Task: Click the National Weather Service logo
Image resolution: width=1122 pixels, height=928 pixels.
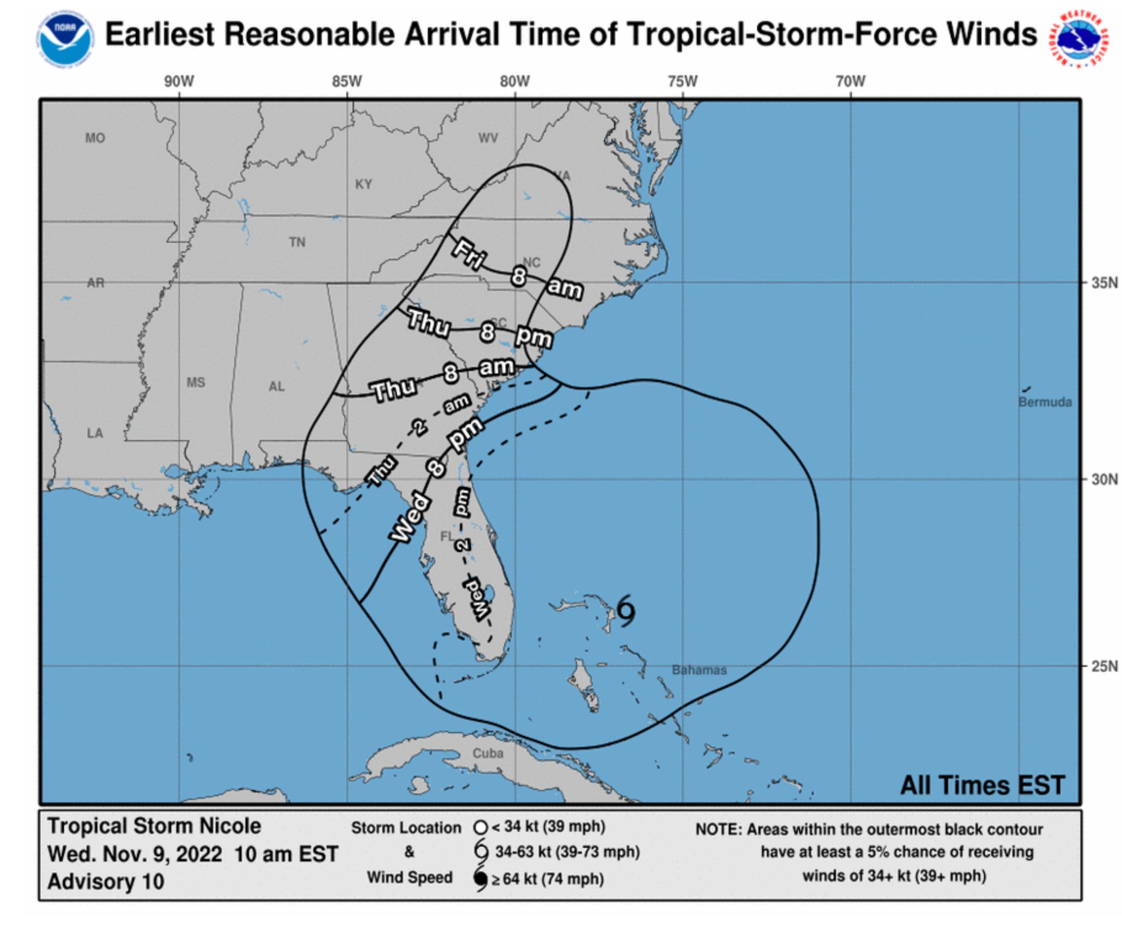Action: point(1079,38)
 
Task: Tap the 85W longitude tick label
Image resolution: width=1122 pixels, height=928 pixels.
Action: point(346,81)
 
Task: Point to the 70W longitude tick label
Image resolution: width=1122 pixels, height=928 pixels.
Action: point(850,81)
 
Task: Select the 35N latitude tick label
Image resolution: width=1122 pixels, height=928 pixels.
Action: point(1104,283)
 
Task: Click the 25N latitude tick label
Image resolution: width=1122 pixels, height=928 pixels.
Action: point(1104,666)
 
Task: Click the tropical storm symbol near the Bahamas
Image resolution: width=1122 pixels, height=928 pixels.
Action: point(626,611)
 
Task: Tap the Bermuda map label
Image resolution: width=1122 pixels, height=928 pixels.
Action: point(1044,402)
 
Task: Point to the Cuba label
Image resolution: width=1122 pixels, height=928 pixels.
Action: point(488,753)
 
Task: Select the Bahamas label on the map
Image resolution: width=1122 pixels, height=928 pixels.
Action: point(699,670)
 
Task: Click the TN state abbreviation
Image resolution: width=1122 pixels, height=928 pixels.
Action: point(297,242)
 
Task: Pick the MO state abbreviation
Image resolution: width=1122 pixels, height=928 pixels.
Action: point(95,138)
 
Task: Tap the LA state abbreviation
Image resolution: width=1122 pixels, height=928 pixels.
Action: point(94,433)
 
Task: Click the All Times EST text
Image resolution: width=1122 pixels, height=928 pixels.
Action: point(982,786)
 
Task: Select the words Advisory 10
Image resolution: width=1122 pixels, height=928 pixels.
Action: point(105,882)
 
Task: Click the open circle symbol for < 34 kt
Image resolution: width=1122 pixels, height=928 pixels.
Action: point(481,827)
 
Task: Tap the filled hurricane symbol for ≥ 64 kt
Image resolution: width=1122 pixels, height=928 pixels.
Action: point(480,879)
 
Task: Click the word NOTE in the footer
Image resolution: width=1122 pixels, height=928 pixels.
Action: point(718,829)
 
